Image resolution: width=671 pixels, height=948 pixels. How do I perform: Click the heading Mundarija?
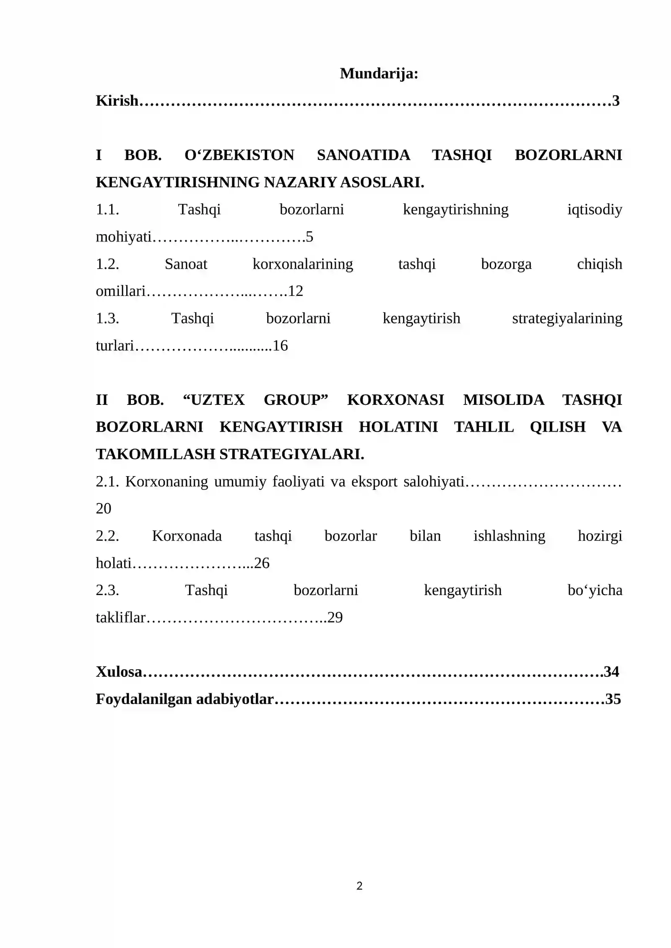coord(379,74)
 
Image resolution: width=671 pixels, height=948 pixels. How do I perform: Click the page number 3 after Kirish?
coord(616,101)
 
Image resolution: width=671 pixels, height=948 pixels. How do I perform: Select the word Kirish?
coord(117,101)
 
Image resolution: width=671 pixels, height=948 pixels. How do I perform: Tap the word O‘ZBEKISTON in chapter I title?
coord(239,155)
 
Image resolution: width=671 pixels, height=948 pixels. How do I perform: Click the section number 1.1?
coord(107,210)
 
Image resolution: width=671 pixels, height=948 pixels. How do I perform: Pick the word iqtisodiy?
coord(594,210)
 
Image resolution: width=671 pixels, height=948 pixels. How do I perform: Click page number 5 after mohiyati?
coord(309,237)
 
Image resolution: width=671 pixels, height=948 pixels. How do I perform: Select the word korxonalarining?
coord(302,264)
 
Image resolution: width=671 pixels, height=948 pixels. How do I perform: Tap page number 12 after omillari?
coord(296,291)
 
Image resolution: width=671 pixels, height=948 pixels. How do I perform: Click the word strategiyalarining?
coord(567,319)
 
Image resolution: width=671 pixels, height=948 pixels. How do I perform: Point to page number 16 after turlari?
coord(280,346)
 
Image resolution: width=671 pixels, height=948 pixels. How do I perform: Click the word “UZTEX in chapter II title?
coord(214,400)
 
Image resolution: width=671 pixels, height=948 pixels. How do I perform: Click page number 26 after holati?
coord(262,563)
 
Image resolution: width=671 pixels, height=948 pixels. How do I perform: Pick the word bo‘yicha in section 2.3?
coord(594,590)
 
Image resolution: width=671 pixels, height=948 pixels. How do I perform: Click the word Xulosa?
coord(119,672)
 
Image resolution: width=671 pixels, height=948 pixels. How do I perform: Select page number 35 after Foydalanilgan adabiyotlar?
coord(613,699)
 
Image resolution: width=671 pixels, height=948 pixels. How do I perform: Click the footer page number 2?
coord(359,886)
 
